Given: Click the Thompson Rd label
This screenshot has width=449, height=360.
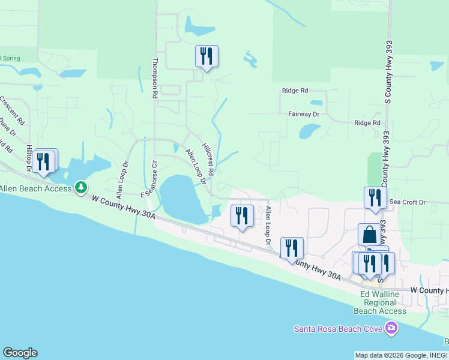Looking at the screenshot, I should (x=155, y=78).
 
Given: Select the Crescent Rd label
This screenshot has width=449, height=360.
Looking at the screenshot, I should (x=13, y=110).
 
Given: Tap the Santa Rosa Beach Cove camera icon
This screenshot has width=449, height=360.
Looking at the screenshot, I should (x=392, y=328).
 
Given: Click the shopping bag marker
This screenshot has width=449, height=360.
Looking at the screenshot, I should (x=369, y=234).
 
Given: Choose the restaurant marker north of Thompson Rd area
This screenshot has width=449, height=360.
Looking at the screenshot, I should (x=206, y=56).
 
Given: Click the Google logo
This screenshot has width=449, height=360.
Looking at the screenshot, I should (x=20, y=353).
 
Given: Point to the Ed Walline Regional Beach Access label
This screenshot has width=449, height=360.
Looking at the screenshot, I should (x=384, y=302).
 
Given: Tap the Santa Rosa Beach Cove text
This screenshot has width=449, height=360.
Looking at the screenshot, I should (x=339, y=328).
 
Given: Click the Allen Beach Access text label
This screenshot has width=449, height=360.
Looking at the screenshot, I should (x=35, y=188).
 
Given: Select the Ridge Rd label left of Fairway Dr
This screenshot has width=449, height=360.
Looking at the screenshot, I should (x=295, y=91).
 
